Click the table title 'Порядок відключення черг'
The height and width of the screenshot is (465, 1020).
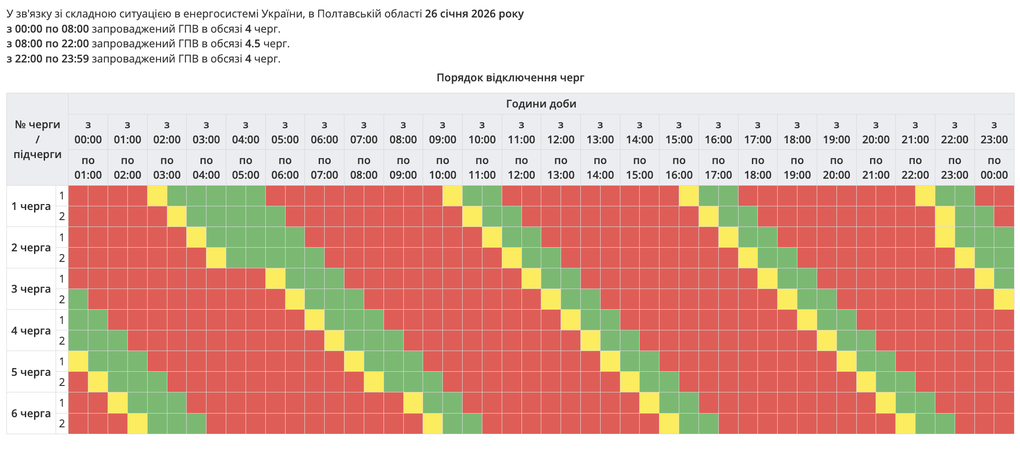coord(510,78)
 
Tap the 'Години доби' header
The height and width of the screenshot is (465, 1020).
coord(541,104)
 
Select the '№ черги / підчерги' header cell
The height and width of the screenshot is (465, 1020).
coord(37,139)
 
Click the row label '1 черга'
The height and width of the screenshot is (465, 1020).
coord(31,206)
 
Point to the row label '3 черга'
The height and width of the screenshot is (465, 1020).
coord(31,289)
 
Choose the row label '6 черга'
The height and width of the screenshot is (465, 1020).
coord(31,414)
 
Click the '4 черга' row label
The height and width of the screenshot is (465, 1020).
coord(31,331)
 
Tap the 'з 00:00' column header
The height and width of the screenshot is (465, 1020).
coord(88,132)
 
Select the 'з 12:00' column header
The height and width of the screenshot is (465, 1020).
coord(561,132)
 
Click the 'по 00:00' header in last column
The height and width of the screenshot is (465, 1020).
coord(994,168)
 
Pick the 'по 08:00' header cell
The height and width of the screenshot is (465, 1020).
coord(364,168)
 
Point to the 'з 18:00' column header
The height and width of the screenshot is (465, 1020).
coord(797,132)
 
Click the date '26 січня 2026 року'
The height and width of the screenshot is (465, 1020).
coord(474,14)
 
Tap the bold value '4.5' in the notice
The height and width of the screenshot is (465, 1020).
coord(252,44)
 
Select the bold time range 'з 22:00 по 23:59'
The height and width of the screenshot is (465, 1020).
coord(48,59)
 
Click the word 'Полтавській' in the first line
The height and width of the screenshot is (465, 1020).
coord(346,14)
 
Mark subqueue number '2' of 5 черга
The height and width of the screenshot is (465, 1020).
coord(62,382)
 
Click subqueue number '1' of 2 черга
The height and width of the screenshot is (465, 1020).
coord(62,238)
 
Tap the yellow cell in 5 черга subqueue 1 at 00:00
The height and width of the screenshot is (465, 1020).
coord(78,361)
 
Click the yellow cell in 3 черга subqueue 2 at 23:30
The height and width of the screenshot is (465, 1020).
coord(1004,299)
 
